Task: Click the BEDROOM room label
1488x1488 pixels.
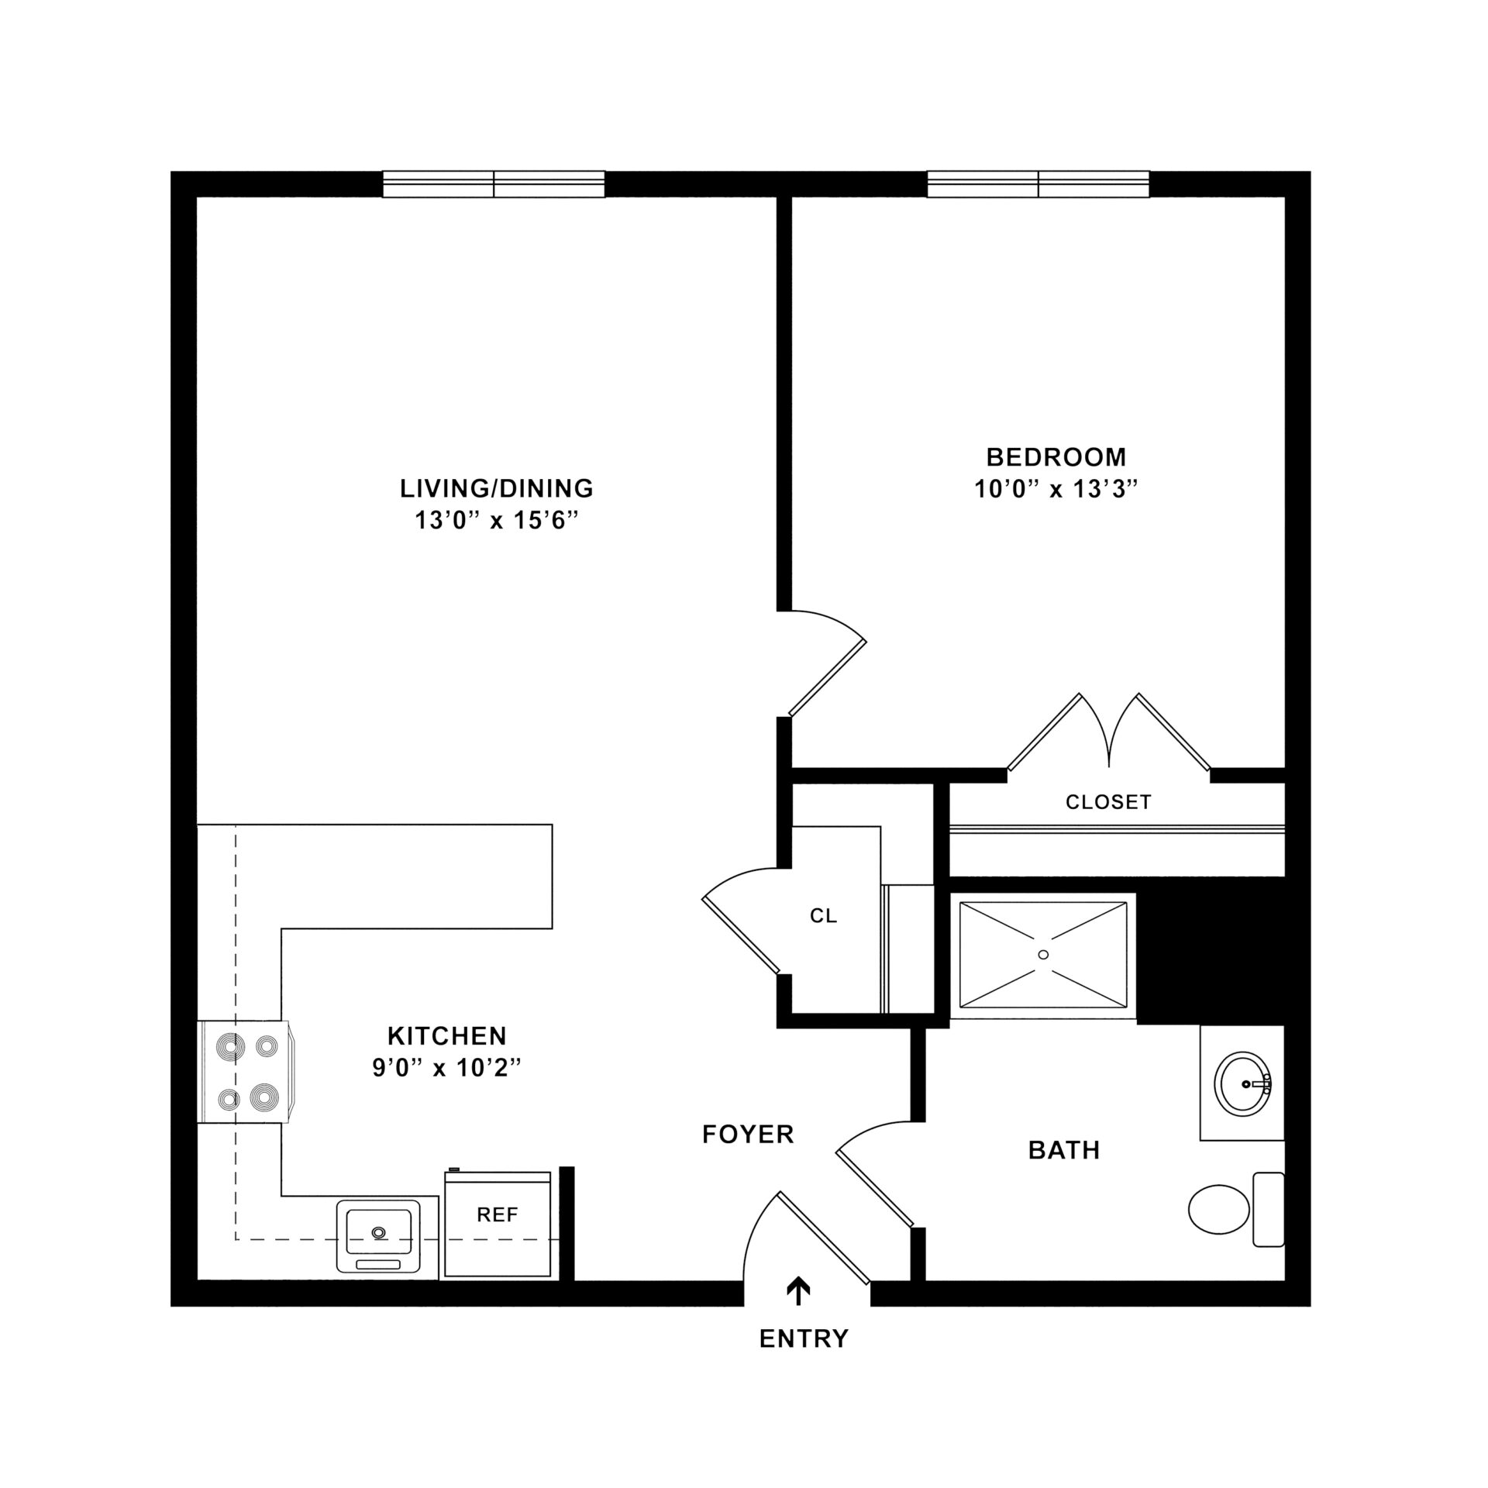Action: click(x=1056, y=457)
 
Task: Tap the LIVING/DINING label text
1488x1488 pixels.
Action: click(x=497, y=488)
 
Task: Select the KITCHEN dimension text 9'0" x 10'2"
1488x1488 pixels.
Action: click(x=446, y=1069)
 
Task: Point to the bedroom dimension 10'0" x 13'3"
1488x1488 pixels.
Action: click(x=1056, y=490)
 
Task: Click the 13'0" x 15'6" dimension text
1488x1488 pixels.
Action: click(x=497, y=521)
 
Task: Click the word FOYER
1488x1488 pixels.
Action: click(x=748, y=1135)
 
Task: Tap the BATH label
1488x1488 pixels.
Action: click(x=1064, y=1151)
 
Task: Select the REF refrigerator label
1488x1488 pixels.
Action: click(x=497, y=1215)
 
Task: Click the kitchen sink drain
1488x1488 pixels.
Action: click(x=379, y=1231)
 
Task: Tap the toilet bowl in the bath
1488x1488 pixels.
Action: click(x=1218, y=1210)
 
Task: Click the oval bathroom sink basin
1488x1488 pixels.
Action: click(x=1243, y=1084)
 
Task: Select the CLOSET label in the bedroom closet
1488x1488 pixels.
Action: click(x=1108, y=803)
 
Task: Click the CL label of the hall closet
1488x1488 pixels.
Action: click(x=823, y=916)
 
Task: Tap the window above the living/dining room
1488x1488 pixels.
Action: click(x=494, y=184)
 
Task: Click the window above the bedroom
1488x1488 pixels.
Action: click(x=1038, y=184)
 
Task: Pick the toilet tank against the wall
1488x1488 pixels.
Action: click(x=1268, y=1210)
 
